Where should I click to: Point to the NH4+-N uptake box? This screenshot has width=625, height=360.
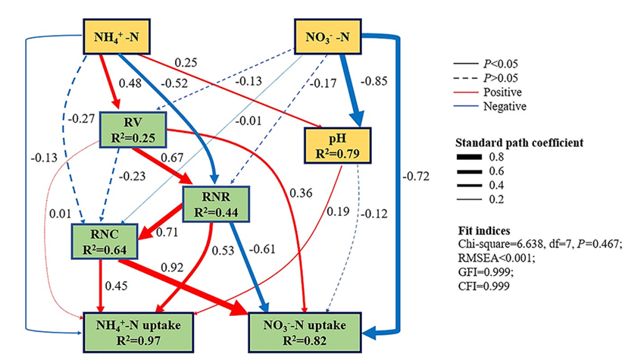point(136,331)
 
